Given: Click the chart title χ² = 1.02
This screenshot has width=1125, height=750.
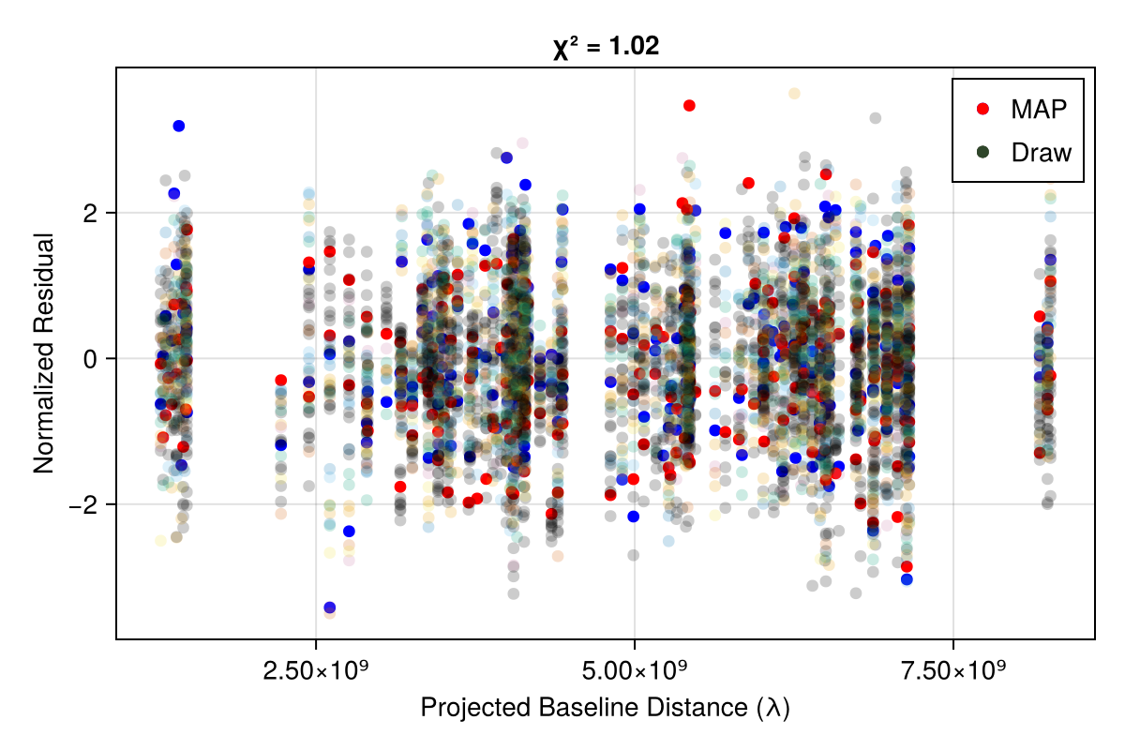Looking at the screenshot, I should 606,46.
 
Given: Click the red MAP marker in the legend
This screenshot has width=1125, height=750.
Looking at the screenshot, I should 982,109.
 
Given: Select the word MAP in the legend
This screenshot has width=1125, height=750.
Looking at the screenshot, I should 1039,109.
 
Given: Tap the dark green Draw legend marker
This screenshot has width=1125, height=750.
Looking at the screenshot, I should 982,152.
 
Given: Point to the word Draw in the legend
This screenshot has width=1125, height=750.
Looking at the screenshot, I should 1041,152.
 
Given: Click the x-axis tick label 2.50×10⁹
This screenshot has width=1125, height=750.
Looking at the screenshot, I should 316,672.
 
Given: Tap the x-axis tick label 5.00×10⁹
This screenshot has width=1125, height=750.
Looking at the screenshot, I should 635,672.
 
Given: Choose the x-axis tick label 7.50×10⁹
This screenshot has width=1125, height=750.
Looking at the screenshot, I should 953,672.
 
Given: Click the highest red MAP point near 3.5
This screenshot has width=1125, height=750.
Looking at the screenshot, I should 689,105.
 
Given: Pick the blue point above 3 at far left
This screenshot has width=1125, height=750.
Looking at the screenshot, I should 179,126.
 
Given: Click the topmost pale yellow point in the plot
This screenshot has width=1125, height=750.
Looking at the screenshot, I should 794,93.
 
